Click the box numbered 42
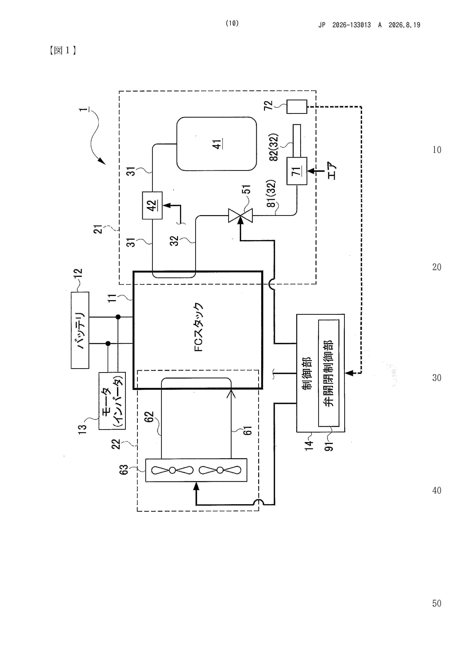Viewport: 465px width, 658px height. point(152,205)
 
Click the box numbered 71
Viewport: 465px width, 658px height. point(297,171)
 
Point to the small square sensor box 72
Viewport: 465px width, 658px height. point(297,107)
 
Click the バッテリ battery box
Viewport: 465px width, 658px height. point(80,330)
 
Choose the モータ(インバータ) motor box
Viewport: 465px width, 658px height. point(112,401)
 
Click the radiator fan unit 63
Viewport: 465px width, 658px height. point(196,470)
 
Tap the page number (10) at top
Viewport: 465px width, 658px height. point(232,23)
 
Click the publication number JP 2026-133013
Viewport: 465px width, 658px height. point(345,25)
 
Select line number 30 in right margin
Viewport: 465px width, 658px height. point(437,378)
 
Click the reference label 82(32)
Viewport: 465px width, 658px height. point(274,147)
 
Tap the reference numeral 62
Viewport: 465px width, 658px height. point(149,417)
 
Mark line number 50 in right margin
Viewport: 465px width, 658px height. point(437,603)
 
